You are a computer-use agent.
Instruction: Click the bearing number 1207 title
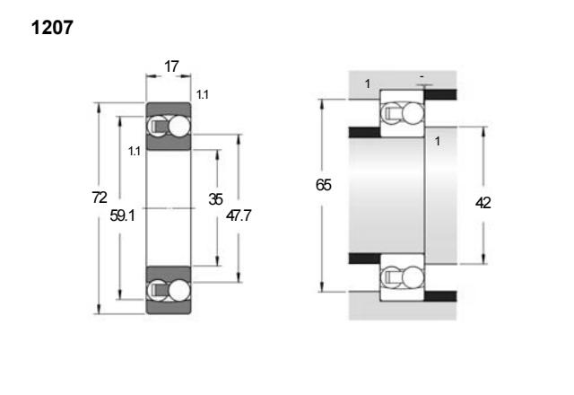tap(52, 28)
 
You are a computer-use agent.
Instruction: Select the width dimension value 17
tap(171, 66)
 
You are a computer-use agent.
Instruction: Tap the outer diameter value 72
tap(100, 197)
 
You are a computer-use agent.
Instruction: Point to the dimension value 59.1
tap(122, 215)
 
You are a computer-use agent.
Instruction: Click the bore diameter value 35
tap(215, 199)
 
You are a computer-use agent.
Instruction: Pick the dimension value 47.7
tap(239, 215)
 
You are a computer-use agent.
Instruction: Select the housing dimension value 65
tap(324, 185)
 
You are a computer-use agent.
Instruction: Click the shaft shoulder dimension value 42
tap(483, 203)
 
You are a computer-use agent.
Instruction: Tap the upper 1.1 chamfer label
tap(203, 94)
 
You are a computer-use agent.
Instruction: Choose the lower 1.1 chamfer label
tap(135, 151)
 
